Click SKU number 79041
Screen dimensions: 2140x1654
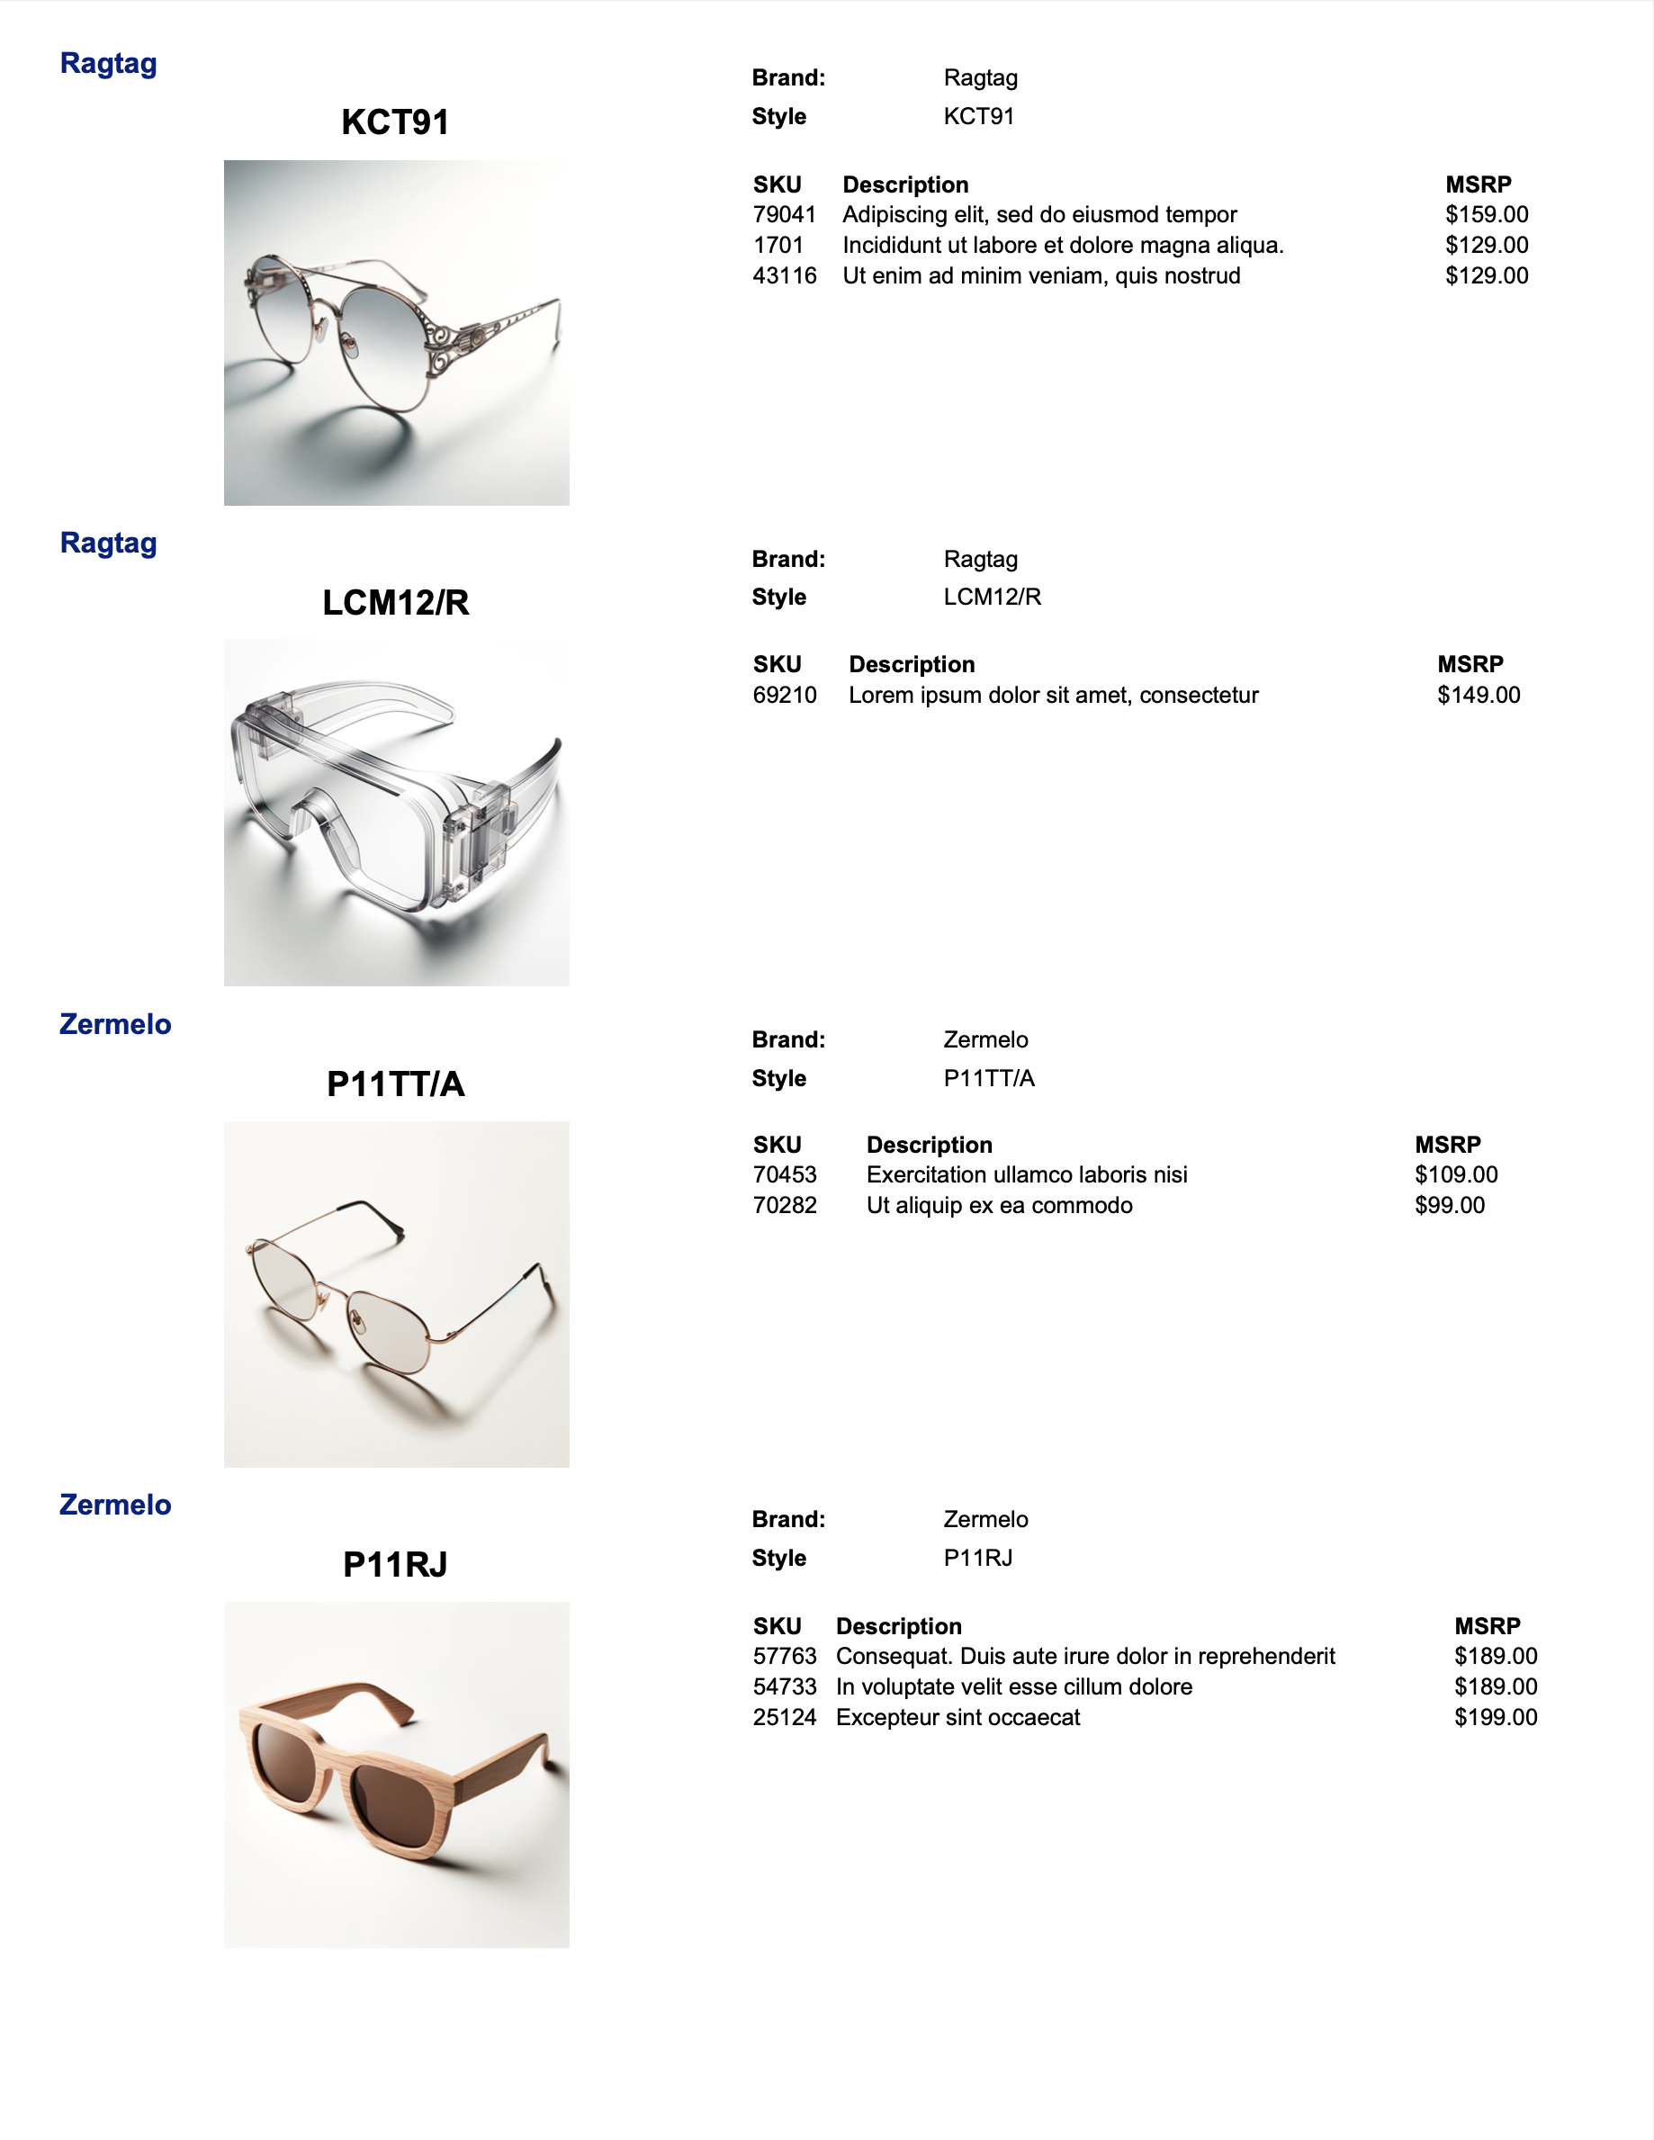[x=784, y=214]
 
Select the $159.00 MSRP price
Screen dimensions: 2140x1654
[x=1486, y=214]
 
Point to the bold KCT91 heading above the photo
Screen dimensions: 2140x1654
[x=395, y=122]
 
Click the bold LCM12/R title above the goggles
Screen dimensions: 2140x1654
[x=395, y=603]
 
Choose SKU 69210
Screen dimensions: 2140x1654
[x=784, y=695]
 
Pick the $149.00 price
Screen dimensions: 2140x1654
[x=1478, y=695]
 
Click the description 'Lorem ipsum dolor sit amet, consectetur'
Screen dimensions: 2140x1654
[x=1052, y=695]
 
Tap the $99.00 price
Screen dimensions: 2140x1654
[x=1449, y=1205]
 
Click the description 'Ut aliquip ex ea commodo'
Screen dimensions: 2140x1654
[x=999, y=1205]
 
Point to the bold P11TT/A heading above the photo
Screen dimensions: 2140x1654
[x=395, y=1083]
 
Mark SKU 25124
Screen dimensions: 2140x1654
[x=784, y=1717]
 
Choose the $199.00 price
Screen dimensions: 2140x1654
[x=1496, y=1717]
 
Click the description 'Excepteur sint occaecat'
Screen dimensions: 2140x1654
[x=957, y=1717]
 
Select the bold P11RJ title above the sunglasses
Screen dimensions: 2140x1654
[x=395, y=1564]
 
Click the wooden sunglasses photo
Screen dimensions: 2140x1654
[x=396, y=1775]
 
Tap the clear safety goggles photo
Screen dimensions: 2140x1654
[x=396, y=813]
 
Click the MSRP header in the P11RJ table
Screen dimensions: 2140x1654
[x=1487, y=1626]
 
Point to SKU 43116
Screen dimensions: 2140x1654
[x=784, y=275]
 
